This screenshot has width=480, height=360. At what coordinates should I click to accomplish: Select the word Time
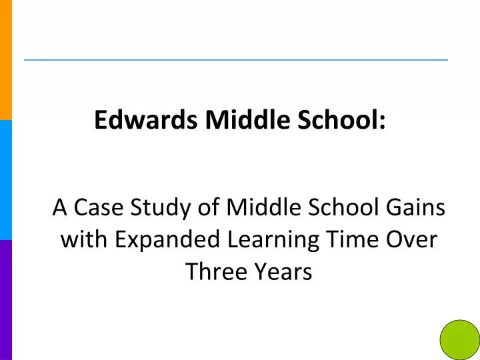[361, 240]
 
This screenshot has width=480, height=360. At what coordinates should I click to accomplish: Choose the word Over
[414, 240]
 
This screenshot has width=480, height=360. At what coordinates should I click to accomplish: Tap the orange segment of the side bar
[6, 60]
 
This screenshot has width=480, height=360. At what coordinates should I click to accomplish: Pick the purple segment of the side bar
[6, 300]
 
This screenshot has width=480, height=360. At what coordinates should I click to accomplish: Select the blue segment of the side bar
[6, 180]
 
